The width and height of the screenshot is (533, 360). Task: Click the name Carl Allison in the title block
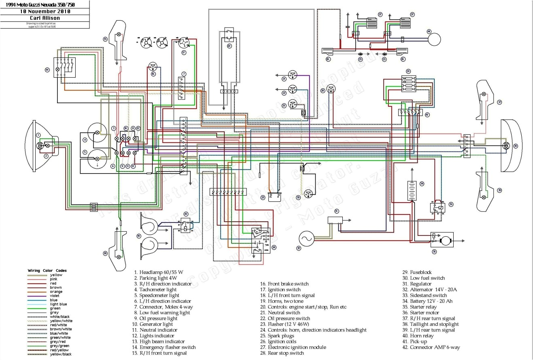45,18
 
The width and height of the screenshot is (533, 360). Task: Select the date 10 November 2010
45,11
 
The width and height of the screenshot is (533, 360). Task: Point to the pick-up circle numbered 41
435,40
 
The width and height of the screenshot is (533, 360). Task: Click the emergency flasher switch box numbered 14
65,66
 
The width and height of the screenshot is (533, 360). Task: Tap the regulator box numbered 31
335,220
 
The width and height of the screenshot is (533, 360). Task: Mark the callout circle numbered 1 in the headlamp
38,135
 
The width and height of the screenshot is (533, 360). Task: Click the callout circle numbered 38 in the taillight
515,145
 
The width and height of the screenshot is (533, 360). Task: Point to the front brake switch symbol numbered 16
153,66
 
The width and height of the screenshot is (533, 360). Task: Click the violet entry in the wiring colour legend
45,296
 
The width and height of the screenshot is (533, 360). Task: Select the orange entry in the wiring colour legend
45,292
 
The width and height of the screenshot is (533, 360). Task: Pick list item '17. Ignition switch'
280,290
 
